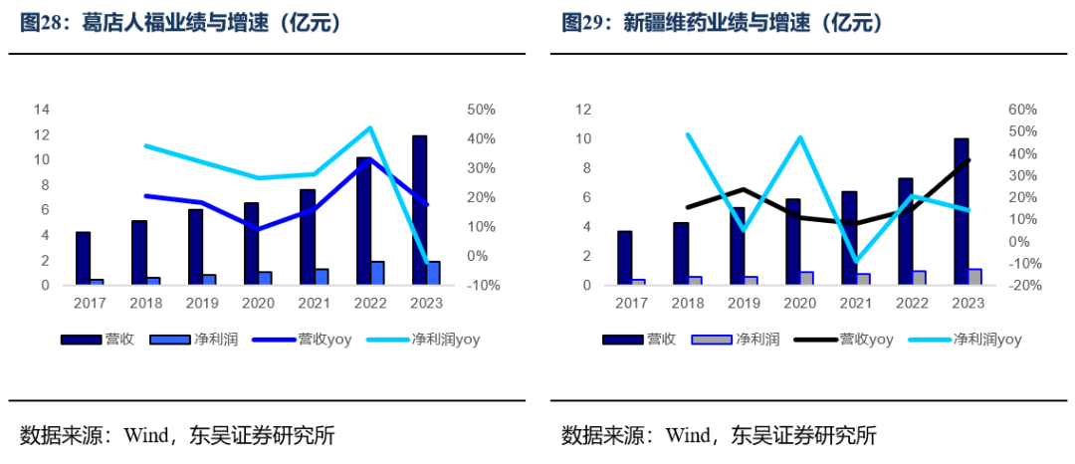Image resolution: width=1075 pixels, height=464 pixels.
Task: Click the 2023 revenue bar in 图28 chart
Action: click(420, 210)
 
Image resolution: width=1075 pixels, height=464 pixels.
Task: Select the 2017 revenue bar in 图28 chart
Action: click(83, 258)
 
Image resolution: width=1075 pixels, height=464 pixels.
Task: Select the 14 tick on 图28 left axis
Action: click(41, 110)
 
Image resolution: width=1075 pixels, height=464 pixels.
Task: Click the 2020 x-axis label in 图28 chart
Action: click(258, 303)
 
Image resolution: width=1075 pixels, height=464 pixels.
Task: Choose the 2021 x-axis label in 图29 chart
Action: click(855, 303)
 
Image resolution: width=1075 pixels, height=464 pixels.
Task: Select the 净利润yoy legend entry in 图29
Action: click(987, 340)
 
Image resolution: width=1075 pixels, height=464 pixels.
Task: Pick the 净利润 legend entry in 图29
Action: click(755, 340)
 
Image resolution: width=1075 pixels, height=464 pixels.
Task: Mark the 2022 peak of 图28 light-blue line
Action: click(369, 128)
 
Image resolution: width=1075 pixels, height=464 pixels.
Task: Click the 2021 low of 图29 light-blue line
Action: click(855, 261)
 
